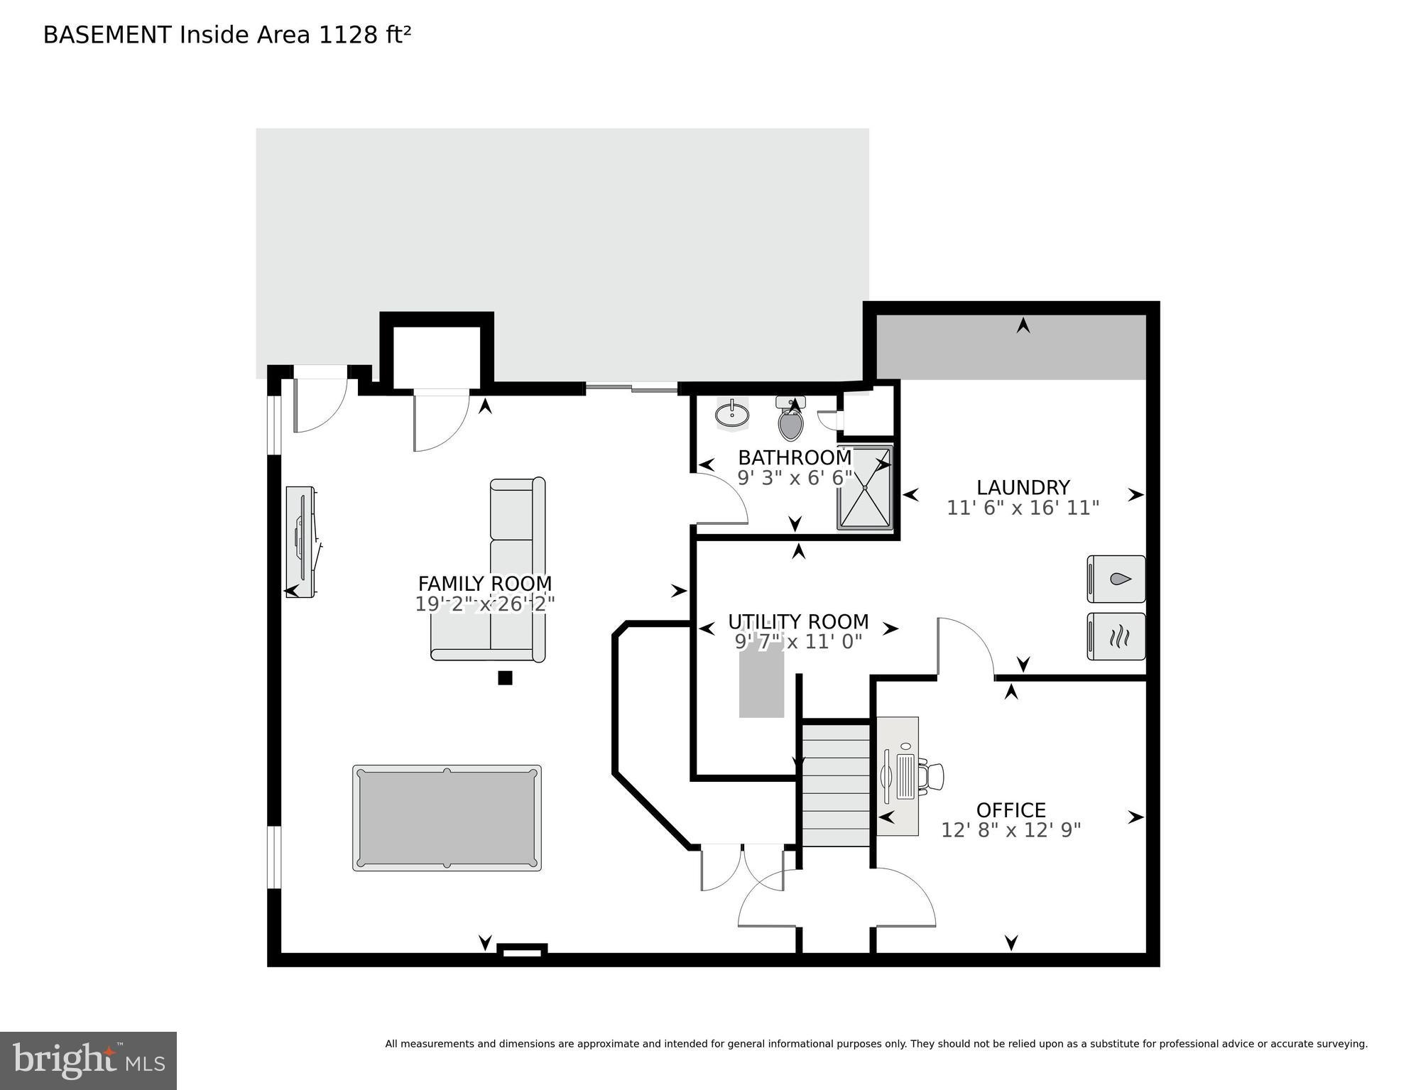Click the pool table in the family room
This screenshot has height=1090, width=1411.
[x=447, y=817]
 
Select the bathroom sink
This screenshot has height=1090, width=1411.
[x=731, y=414]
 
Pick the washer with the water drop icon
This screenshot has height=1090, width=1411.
[x=1116, y=579]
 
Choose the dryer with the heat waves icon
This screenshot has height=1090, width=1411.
[x=1116, y=636]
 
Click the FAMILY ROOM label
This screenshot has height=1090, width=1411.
[x=484, y=584]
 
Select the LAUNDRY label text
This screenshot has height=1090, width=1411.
[x=1023, y=488]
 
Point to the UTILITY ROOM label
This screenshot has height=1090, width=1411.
[x=798, y=622]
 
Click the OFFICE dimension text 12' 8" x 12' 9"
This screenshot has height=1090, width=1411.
[x=1010, y=830]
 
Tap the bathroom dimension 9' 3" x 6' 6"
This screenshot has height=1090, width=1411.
[x=794, y=478]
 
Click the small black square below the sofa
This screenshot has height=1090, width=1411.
[x=505, y=677]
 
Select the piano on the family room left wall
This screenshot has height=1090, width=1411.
[x=300, y=541]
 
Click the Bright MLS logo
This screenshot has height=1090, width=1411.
[x=88, y=1061]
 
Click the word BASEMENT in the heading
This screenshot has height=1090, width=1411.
[x=107, y=35]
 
